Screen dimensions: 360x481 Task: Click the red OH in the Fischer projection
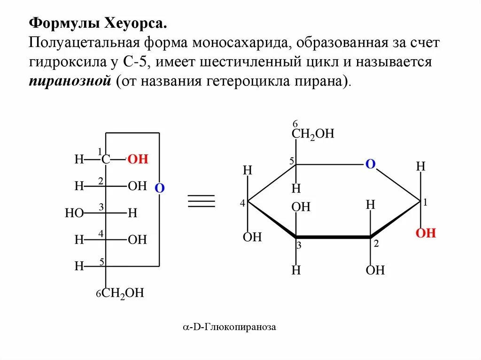coord(138,160)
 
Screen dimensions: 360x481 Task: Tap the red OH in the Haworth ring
coord(426,233)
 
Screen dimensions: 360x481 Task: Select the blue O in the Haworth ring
coord(371,164)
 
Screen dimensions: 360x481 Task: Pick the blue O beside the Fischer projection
coord(159,188)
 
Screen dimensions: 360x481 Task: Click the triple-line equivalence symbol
coord(202,200)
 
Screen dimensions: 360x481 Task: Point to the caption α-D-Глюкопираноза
coord(229,327)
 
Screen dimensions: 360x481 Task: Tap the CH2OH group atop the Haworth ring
coord(313,134)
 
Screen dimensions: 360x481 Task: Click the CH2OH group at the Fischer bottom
coord(122,294)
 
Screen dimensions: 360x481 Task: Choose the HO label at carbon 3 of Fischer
coord(74,214)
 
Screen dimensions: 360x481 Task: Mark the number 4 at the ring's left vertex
coord(242,204)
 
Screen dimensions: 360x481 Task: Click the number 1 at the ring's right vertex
coord(425,203)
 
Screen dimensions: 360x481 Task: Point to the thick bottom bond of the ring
coord(333,237)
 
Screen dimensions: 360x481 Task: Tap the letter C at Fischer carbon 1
coord(106,160)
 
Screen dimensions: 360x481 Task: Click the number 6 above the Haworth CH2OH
coord(295,124)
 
